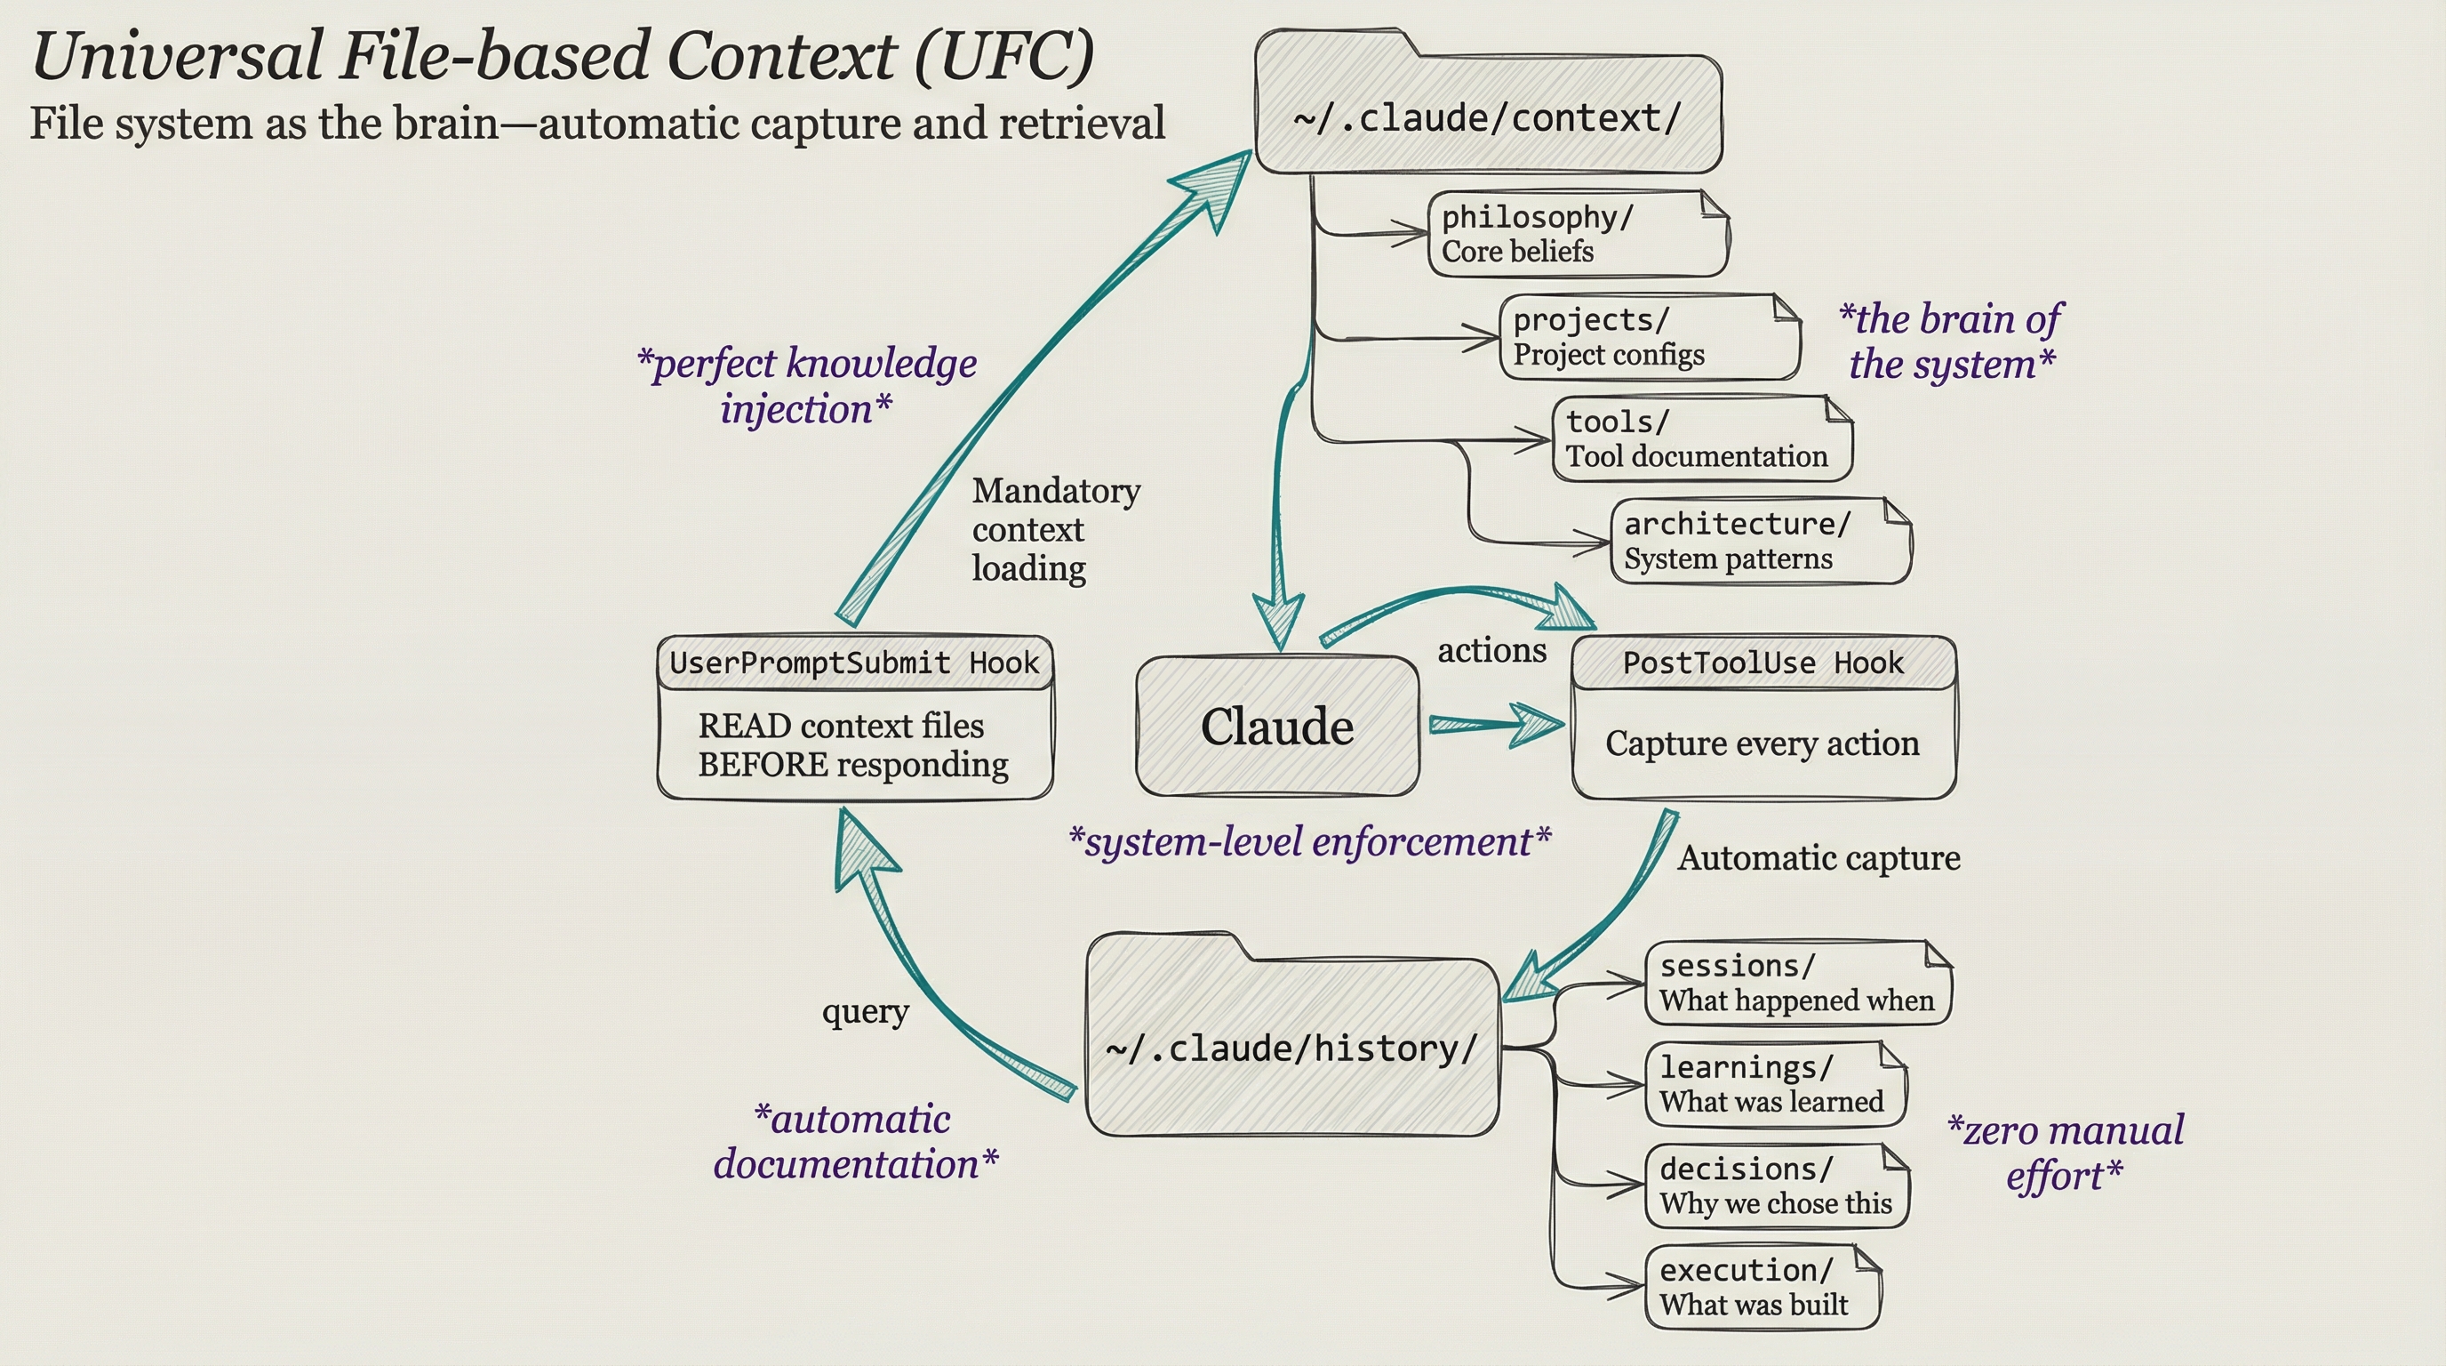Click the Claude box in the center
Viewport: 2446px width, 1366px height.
pos(1277,727)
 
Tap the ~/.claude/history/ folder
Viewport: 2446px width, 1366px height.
pos(1291,1048)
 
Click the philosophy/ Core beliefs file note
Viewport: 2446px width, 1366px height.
pos(1576,235)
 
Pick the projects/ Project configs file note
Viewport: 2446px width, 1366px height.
pos(1649,337)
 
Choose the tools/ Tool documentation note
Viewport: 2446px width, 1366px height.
pos(1700,438)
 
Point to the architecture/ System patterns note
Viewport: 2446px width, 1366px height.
pos(1760,542)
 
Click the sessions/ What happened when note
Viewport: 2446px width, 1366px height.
pos(1796,984)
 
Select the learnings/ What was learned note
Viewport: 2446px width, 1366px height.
pos(1774,1085)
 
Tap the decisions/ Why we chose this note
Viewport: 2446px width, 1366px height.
pos(1776,1186)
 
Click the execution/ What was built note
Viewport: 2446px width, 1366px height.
pos(1762,1287)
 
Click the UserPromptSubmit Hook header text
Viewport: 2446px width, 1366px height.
pos(853,663)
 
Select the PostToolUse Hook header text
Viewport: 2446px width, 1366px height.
pos(1763,663)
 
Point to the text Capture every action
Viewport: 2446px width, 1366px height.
pos(1763,743)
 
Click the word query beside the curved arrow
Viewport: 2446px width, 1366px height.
pos(865,1012)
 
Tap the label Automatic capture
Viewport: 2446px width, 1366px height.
pos(1819,858)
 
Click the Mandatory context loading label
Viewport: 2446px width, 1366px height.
pos(1054,529)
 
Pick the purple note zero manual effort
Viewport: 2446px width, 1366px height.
pos(2066,1153)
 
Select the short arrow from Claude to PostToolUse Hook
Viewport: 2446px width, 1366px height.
pos(1495,726)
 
